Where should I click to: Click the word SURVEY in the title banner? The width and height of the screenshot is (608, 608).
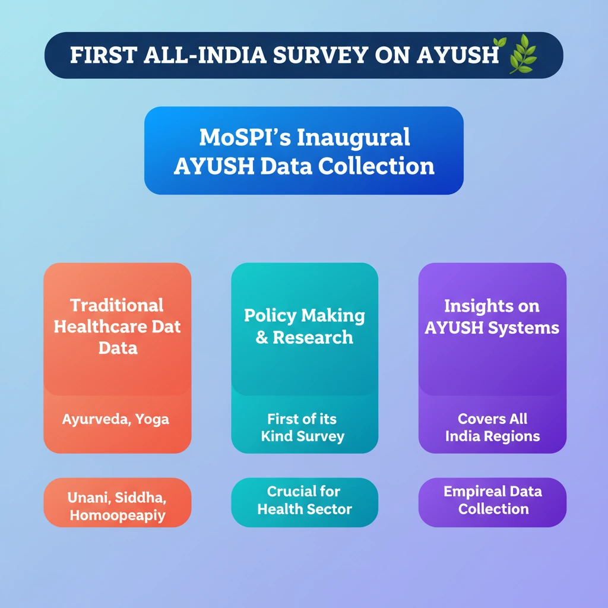[320, 55]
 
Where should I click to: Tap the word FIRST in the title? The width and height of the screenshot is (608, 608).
[103, 55]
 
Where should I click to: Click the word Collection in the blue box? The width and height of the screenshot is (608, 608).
[376, 166]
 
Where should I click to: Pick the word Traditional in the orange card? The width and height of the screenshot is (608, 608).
[117, 306]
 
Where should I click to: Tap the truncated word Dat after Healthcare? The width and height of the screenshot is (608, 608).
[166, 327]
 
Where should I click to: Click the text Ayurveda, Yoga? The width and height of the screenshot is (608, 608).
[116, 420]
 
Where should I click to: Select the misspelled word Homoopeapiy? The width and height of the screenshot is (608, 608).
[118, 516]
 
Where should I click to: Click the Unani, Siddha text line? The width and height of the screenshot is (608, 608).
[117, 498]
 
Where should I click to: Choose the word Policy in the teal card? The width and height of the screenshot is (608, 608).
[270, 316]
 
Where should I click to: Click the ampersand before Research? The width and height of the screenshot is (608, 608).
[262, 338]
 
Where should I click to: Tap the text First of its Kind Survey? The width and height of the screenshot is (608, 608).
[302, 427]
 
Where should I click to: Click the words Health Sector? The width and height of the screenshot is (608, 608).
[305, 509]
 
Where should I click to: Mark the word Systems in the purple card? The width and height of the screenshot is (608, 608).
[524, 328]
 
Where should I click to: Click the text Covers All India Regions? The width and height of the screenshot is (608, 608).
[492, 427]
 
